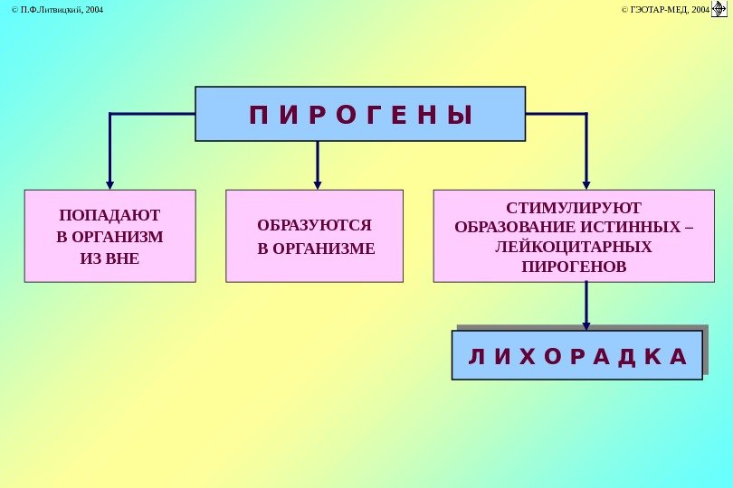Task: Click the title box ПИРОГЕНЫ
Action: click(360, 114)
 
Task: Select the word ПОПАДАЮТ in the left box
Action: click(109, 216)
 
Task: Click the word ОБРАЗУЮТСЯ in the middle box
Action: click(314, 225)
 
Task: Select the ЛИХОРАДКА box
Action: click(576, 355)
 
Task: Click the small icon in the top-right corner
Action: click(720, 9)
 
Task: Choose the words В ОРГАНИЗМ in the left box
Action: click(109, 238)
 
